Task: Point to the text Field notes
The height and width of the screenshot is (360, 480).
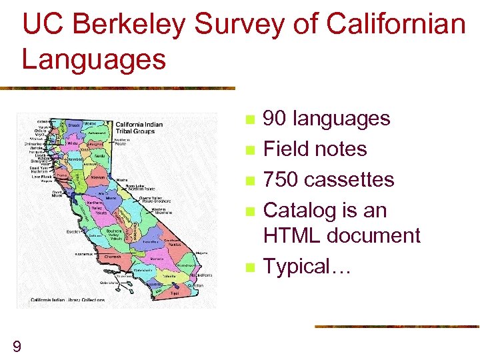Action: [315, 149]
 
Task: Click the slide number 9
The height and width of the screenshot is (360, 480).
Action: [17, 345]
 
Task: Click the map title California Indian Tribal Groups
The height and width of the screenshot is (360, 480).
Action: [145, 127]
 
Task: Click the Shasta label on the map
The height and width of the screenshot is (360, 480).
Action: [75, 125]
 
